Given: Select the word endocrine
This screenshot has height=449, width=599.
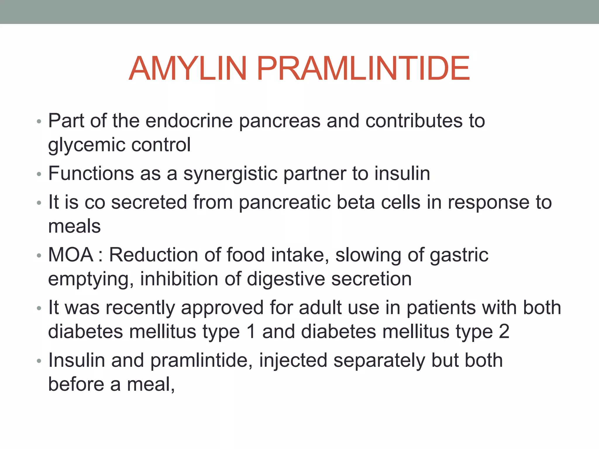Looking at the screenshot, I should tap(189, 120).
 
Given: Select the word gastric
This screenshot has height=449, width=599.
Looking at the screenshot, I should tap(459, 255).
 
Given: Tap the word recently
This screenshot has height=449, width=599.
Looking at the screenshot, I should tap(140, 308).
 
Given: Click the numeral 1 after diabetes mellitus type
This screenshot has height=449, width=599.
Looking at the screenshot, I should tap(251, 331).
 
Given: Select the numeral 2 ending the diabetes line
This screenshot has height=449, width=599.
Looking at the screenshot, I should tap(504, 331).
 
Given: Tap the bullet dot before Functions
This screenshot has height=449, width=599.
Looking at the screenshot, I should tap(39, 175).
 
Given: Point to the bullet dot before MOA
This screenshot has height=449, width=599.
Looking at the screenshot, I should tap(39, 256).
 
